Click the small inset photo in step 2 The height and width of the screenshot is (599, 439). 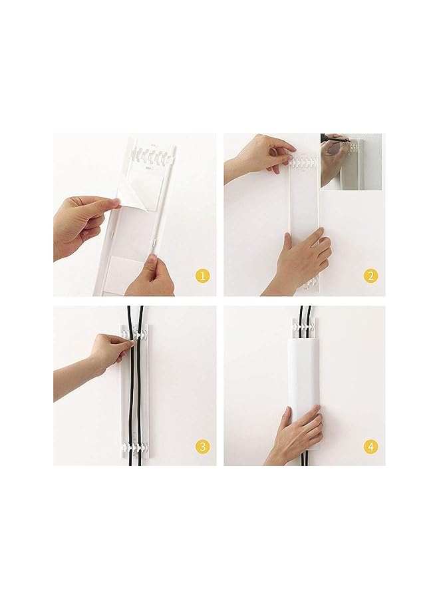pyautogui.click(x=351, y=160)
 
